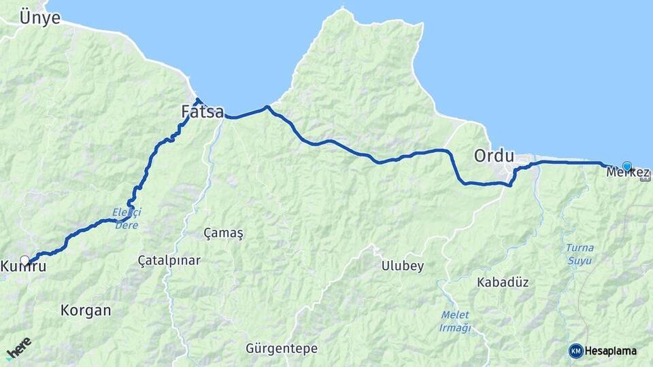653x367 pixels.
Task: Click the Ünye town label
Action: point(39,17)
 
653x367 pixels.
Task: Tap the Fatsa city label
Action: point(203,111)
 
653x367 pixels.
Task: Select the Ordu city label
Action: point(494,156)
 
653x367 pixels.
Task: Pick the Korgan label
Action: point(86,311)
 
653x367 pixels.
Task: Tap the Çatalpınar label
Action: point(169,260)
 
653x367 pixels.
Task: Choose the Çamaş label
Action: point(223,233)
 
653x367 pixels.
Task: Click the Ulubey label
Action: point(403,266)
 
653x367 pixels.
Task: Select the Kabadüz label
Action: point(503,281)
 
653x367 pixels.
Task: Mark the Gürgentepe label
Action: point(282,349)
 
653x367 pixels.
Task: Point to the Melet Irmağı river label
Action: point(456,321)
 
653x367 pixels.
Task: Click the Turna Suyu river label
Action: point(580,253)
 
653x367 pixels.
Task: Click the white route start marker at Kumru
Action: point(25,260)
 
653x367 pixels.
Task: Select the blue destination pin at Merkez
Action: point(626,166)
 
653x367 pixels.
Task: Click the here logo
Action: point(18,349)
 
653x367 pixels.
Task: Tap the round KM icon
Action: point(576,351)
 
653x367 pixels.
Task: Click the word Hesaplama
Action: point(611,351)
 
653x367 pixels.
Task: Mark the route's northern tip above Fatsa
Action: point(198,101)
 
